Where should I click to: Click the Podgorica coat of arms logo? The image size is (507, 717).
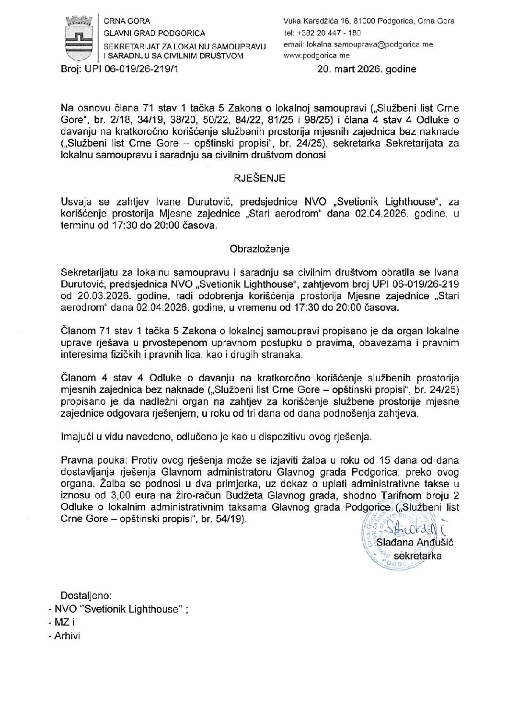click(x=79, y=38)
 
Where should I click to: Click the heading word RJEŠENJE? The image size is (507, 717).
click(x=259, y=178)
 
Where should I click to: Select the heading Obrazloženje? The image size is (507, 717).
click(x=259, y=249)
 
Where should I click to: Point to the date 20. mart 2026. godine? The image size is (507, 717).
click(x=367, y=69)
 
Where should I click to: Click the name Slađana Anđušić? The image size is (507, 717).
click(x=415, y=542)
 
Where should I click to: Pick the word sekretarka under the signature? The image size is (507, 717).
click(x=417, y=556)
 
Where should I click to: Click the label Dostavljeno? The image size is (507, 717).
click(x=86, y=596)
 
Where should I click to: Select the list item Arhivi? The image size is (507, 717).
click(x=67, y=636)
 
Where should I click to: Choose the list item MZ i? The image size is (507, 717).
click(x=65, y=622)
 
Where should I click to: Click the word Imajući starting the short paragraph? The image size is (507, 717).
click(x=78, y=436)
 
